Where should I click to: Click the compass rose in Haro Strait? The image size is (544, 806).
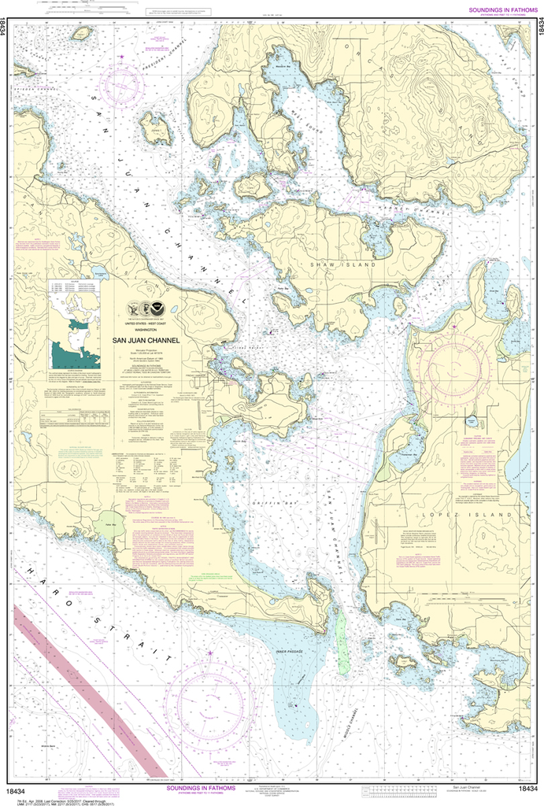[211, 701]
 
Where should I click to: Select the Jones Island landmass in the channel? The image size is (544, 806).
[155, 128]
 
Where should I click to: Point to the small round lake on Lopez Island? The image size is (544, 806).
[472, 422]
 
